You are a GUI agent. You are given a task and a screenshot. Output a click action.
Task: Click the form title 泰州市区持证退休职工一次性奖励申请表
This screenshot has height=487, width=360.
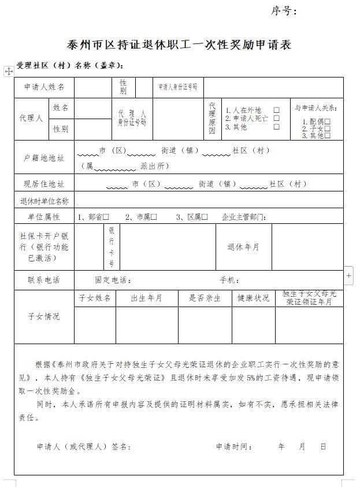point(179,45)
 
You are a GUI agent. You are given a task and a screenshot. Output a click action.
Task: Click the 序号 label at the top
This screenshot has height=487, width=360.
point(284,11)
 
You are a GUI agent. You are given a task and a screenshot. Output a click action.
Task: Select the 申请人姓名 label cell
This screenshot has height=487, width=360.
point(44,87)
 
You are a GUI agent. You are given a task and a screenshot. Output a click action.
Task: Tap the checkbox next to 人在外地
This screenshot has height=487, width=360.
point(277,110)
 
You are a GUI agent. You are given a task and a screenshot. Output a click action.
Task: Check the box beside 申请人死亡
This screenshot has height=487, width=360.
point(277,118)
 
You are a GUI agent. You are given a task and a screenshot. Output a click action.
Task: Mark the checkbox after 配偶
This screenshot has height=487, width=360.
point(328,122)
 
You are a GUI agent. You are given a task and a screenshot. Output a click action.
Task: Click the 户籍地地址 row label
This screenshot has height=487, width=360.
point(44,157)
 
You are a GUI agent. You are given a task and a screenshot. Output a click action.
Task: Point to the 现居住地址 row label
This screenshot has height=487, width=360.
point(44,185)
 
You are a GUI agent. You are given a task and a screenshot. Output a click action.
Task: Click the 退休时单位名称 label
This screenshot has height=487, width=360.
point(44,201)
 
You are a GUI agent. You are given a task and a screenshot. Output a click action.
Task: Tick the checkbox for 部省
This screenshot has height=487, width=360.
point(107,217)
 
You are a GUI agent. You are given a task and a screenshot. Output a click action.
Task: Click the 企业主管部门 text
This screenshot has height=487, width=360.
point(243,217)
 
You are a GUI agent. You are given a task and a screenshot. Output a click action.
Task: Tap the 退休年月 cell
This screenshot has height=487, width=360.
point(243,246)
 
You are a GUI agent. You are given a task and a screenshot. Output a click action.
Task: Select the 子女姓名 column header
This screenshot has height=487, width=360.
point(95,298)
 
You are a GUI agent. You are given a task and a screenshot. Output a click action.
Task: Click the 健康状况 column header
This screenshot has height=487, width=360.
point(254,298)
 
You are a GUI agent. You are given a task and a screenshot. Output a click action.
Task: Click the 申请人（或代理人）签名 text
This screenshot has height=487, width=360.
point(84,447)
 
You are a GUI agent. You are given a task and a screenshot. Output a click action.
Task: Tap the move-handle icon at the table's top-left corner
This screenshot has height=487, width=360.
point(9,71)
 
